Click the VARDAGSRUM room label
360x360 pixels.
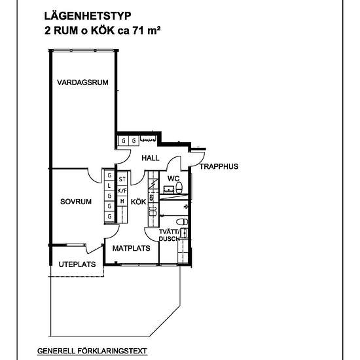(x=82, y=82)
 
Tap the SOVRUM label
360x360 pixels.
(x=76, y=202)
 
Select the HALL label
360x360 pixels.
(x=151, y=158)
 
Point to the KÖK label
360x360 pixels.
(x=139, y=202)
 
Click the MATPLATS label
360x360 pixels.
(x=132, y=248)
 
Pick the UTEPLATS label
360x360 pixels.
(x=77, y=264)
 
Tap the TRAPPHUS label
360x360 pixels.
(x=219, y=166)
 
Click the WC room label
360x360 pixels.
(x=173, y=179)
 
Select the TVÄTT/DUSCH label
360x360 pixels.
(x=169, y=236)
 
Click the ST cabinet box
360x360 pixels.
(x=122, y=179)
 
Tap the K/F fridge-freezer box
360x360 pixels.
(x=122, y=190)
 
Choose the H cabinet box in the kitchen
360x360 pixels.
(x=122, y=201)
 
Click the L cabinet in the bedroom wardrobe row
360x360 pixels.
(x=109, y=185)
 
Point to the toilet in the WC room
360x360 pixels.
(x=179, y=188)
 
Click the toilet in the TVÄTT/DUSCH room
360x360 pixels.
(x=182, y=222)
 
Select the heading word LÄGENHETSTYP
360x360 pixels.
(x=88, y=16)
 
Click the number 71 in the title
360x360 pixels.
(x=137, y=31)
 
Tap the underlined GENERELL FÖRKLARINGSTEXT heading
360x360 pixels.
(x=92, y=351)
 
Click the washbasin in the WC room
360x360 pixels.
(x=169, y=190)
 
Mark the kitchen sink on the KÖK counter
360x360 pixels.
(x=153, y=211)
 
